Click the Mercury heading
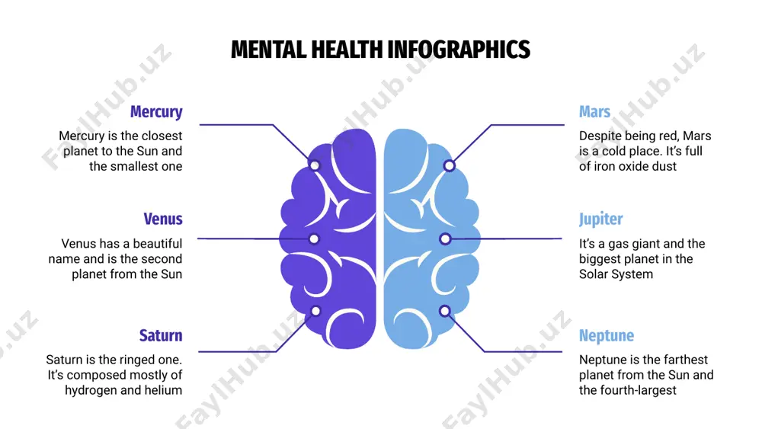[156, 112]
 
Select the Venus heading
[163, 219]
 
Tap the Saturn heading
[161, 336]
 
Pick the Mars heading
[594, 112]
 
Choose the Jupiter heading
[600, 219]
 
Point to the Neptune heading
[607, 336]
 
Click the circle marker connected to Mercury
[315, 165]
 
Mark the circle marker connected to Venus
[314, 239]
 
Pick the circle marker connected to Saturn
[315, 311]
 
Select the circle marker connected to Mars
[450, 165]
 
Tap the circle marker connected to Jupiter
[445, 239]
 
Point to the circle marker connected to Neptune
[445, 311]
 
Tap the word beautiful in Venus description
[158, 243]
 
